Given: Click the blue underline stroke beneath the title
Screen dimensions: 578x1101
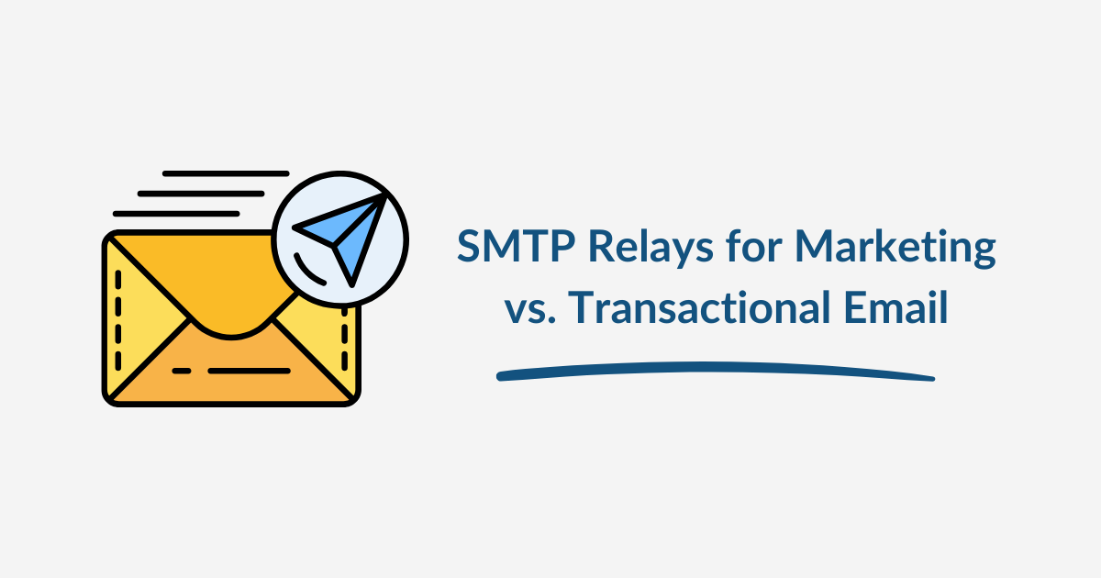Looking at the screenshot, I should click(x=715, y=371).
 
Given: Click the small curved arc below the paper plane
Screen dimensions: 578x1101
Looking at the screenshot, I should click(x=316, y=272).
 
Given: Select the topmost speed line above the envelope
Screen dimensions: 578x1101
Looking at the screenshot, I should click(x=226, y=172).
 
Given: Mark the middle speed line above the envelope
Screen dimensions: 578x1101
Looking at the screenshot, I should click(x=201, y=194).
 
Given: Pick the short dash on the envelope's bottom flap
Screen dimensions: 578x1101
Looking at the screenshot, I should click(x=182, y=371).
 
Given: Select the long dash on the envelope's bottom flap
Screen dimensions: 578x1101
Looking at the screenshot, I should click(x=248, y=371).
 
